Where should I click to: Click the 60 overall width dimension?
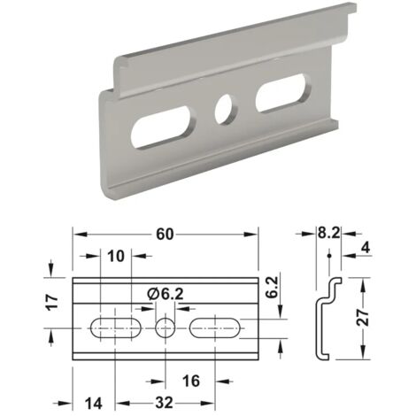point(165,235)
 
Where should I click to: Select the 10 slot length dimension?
point(116,256)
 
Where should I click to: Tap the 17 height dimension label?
point(52,302)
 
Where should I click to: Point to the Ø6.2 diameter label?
point(166,294)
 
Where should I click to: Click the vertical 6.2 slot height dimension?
point(272,287)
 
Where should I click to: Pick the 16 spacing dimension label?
point(191,381)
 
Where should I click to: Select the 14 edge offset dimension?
point(94,404)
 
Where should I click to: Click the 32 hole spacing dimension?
point(164,403)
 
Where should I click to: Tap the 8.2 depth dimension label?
point(328,233)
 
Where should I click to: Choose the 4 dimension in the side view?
point(366,248)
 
